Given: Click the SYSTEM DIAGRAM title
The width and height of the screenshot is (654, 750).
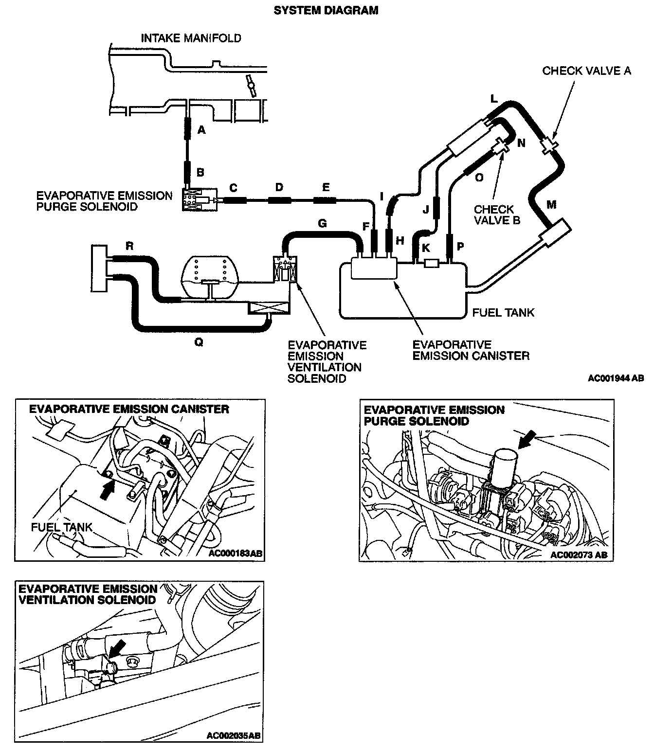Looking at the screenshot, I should coord(326,10).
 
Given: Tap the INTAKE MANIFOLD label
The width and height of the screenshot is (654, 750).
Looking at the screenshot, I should coord(191,38).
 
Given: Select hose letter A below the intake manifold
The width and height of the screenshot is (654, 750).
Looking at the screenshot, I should coord(201,130).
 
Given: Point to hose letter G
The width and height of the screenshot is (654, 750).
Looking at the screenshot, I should coord(322,223).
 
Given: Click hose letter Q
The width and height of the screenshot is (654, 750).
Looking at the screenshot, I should coord(199,342).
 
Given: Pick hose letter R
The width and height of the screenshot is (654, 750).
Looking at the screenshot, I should coord(129,246).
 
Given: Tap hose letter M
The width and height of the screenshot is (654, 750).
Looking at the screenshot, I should coord(551,205).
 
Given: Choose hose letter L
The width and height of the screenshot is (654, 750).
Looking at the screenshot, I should coord(494,100).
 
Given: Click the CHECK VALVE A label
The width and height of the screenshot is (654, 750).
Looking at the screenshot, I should coord(586,71).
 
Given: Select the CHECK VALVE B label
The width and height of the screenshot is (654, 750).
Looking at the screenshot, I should coord(497,214).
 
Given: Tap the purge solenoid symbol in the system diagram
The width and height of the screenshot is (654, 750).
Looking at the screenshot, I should coord(200,199).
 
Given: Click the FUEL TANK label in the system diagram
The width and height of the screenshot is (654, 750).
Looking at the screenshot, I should coord(503,312).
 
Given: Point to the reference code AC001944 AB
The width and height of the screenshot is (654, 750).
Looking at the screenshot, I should coord(616,377).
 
